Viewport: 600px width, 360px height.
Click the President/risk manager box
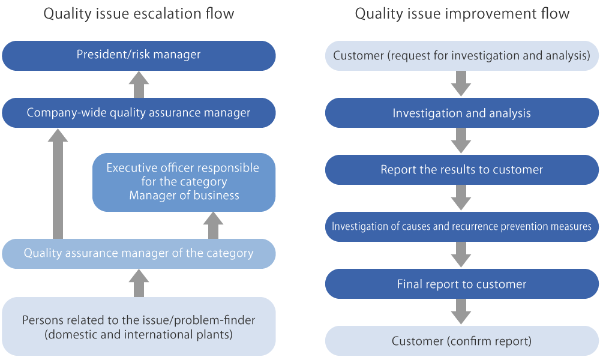tap(139, 55)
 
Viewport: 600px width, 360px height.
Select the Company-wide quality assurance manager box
tap(139, 113)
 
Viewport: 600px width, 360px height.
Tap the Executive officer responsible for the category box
tap(184, 182)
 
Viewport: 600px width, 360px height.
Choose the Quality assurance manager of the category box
tap(139, 254)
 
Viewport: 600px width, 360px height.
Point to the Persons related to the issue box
tap(139, 326)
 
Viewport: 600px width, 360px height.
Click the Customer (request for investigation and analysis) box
tap(462, 55)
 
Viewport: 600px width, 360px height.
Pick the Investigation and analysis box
tap(462, 113)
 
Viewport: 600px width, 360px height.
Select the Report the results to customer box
tap(462, 170)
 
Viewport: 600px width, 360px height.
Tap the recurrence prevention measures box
tap(462, 226)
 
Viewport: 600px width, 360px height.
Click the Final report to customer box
tap(462, 284)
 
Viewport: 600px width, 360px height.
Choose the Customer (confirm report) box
tap(462, 341)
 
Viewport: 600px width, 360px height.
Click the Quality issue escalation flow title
tap(139, 14)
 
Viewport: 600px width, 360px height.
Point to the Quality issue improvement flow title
tap(462, 14)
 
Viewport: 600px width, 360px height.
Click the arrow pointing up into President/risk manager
tap(139, 85)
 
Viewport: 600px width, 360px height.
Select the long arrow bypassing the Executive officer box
tap(58, 184)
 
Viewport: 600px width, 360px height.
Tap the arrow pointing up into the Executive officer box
tap(213, 226)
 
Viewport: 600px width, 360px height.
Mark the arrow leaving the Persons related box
tap(139, 283)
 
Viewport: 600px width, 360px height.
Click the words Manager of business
tap(184, 196)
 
